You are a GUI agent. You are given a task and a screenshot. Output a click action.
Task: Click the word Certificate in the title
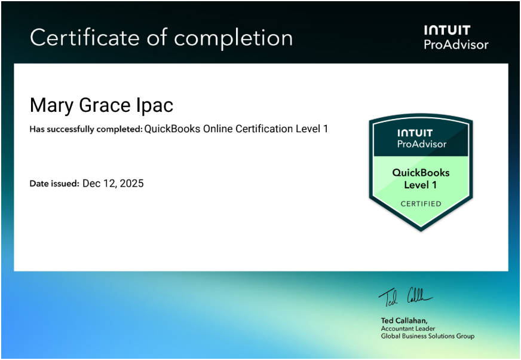click(85, 37)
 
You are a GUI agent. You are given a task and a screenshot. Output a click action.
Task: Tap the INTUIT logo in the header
click(448, 30)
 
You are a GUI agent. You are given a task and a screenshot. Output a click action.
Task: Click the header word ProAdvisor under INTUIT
click(456, 45)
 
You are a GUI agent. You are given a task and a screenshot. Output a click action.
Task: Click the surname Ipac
click(155, 106)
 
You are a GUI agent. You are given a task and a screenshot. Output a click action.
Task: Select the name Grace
click(105, 105)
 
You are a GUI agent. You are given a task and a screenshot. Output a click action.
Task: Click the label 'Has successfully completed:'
click(86, 129)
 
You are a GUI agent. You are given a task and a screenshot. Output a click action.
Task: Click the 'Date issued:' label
click(54, 184)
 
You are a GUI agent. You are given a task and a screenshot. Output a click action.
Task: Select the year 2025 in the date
click(132, 184)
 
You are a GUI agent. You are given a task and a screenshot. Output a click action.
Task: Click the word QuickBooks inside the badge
click(421, 173)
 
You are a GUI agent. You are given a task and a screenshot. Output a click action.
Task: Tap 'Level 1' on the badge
click(420, 185)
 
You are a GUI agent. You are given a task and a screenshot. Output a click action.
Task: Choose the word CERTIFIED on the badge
click(421, 204)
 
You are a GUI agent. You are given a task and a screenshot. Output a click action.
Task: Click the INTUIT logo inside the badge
click(415, 133)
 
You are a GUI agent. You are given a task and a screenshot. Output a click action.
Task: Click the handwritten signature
click(406, 297)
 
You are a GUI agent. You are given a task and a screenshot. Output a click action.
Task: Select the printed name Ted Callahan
click(404, 321)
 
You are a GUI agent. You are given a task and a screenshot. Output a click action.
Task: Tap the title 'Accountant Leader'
click(408, 329)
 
